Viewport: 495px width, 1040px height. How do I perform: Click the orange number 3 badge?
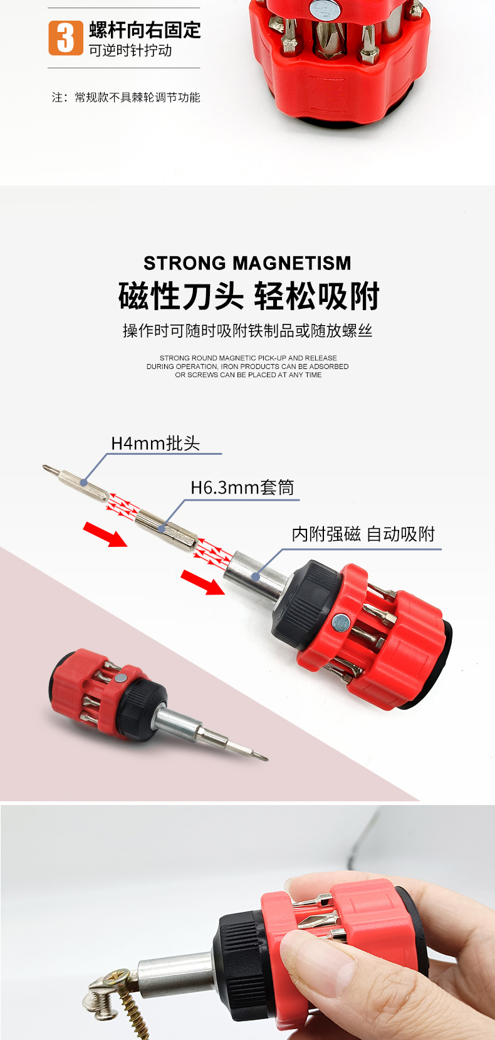[65, 38]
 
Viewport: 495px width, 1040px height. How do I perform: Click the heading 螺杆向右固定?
[145, 29]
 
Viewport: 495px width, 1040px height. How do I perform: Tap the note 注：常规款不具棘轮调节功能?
[126, 97]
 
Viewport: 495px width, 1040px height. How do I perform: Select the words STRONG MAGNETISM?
[247, 263]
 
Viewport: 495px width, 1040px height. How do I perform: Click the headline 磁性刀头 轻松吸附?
[249, 296]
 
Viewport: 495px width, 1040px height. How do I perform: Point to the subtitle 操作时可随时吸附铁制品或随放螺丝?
[247, 330]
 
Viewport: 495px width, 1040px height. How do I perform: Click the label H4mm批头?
[155, 443]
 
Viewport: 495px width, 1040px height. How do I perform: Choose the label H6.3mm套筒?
[242, 487]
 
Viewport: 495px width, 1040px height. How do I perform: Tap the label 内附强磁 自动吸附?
[363, 534]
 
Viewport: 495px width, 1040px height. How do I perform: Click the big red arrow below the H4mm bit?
[105, 534]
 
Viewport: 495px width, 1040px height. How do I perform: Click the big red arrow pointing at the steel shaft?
[202, 582]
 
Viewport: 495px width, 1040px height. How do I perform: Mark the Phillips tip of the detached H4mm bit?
[46, 467]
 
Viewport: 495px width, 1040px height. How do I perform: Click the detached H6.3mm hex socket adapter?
[166, 528]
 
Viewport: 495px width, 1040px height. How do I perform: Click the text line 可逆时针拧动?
[130, 51]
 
